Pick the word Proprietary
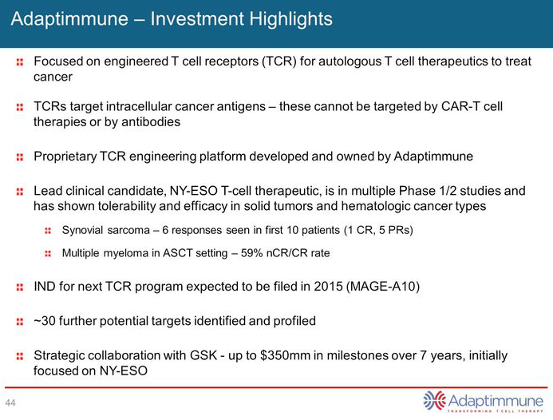pos(68,157)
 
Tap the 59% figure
pos(233,253)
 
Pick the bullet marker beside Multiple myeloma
pos(47,254)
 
